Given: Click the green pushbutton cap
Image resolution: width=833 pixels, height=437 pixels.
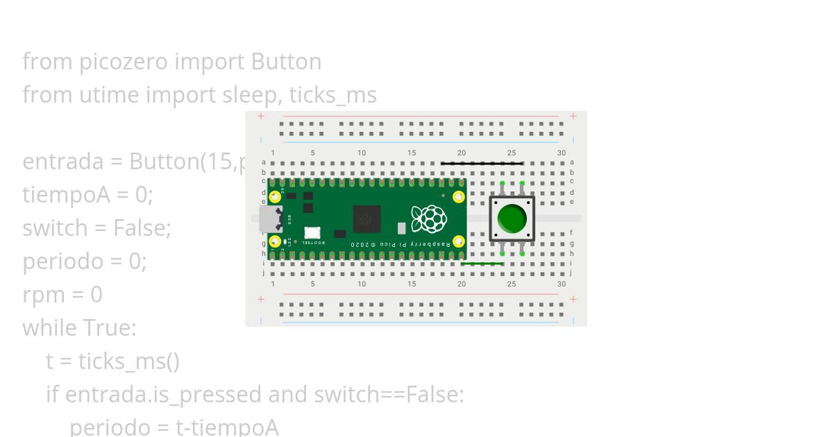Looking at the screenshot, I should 512,218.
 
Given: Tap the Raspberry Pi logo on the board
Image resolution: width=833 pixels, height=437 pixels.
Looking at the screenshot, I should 428,218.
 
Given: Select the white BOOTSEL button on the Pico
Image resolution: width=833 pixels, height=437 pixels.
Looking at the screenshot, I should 312,233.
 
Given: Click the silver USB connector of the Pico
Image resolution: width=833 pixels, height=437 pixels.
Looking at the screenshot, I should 269,218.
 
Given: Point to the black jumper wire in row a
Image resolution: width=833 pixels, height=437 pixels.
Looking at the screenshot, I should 481,164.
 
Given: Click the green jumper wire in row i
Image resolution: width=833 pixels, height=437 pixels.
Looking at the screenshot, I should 481,264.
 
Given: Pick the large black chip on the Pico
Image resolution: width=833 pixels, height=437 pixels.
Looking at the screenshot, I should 367,219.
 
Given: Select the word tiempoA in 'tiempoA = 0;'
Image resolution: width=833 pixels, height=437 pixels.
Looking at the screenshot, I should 66,195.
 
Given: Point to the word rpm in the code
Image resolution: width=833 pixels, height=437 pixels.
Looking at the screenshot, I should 44,295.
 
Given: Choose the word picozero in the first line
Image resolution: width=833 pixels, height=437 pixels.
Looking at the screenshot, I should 123,62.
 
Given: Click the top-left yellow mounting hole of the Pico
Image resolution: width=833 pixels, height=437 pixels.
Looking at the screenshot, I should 275,196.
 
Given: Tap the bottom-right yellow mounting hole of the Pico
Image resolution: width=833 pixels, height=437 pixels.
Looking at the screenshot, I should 458,241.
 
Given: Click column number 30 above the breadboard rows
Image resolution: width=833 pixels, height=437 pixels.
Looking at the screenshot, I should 561,153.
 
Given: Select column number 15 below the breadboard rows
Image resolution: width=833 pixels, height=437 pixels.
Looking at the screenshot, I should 412,284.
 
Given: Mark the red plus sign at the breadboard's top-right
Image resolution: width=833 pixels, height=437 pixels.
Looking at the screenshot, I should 573,117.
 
